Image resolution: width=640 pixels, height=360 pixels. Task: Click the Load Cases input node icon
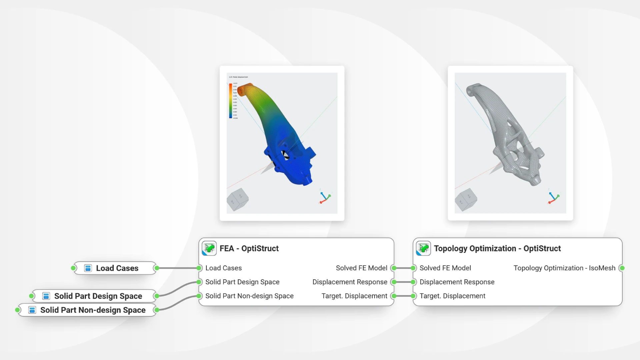88,268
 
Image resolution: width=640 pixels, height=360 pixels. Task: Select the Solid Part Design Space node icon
46,296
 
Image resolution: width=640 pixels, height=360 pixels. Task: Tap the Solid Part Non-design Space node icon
32,310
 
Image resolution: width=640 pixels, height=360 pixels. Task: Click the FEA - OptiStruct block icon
209,248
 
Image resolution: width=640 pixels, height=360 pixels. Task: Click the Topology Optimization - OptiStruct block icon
423,248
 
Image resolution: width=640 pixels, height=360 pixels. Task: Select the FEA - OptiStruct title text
249,249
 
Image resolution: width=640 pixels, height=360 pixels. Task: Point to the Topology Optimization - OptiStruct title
497,249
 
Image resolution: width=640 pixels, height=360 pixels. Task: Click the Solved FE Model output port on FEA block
394,268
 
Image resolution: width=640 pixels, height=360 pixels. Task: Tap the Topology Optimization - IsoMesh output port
622,268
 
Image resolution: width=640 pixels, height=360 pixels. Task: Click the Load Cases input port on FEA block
199,268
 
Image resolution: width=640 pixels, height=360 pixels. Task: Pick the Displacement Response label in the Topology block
457,282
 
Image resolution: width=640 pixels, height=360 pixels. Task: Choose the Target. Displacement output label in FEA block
354,296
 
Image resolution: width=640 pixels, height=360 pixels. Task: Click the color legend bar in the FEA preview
230,101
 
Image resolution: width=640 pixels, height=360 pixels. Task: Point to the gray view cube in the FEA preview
237,199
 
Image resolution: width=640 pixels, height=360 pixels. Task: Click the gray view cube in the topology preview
466,200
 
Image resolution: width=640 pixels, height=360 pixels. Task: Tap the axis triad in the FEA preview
325,197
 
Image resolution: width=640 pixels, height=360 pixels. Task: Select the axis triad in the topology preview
553,197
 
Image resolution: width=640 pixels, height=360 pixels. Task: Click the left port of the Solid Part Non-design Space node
18,310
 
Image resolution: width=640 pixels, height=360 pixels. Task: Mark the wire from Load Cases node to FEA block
178,268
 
